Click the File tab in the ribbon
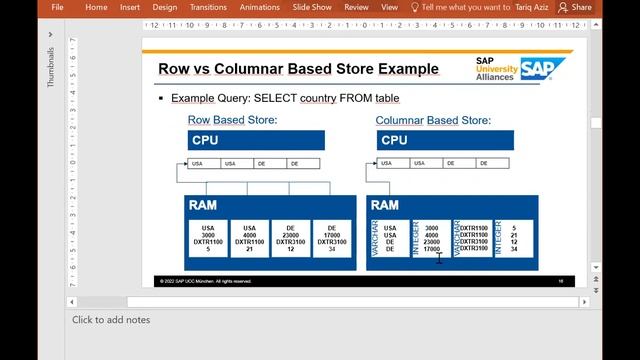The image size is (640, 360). (57, 7)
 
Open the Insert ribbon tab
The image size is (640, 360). (130, 7)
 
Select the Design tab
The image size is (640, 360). (165, 7)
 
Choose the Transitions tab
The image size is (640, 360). (208, 7)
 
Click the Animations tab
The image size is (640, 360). (260, 7)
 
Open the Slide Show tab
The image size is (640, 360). (313, 7)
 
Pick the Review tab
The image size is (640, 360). (356, 7)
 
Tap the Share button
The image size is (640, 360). (575, 7)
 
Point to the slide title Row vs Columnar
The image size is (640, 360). (298, 69)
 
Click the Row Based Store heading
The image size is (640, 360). (232, 120)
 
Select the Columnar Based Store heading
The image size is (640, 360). (433, 120)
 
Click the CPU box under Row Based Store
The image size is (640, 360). (256, 141)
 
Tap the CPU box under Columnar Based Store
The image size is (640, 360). (431, 141)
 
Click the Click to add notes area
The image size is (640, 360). (111, 320)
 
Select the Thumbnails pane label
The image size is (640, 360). (50, 67)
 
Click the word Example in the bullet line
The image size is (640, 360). (192, 99)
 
